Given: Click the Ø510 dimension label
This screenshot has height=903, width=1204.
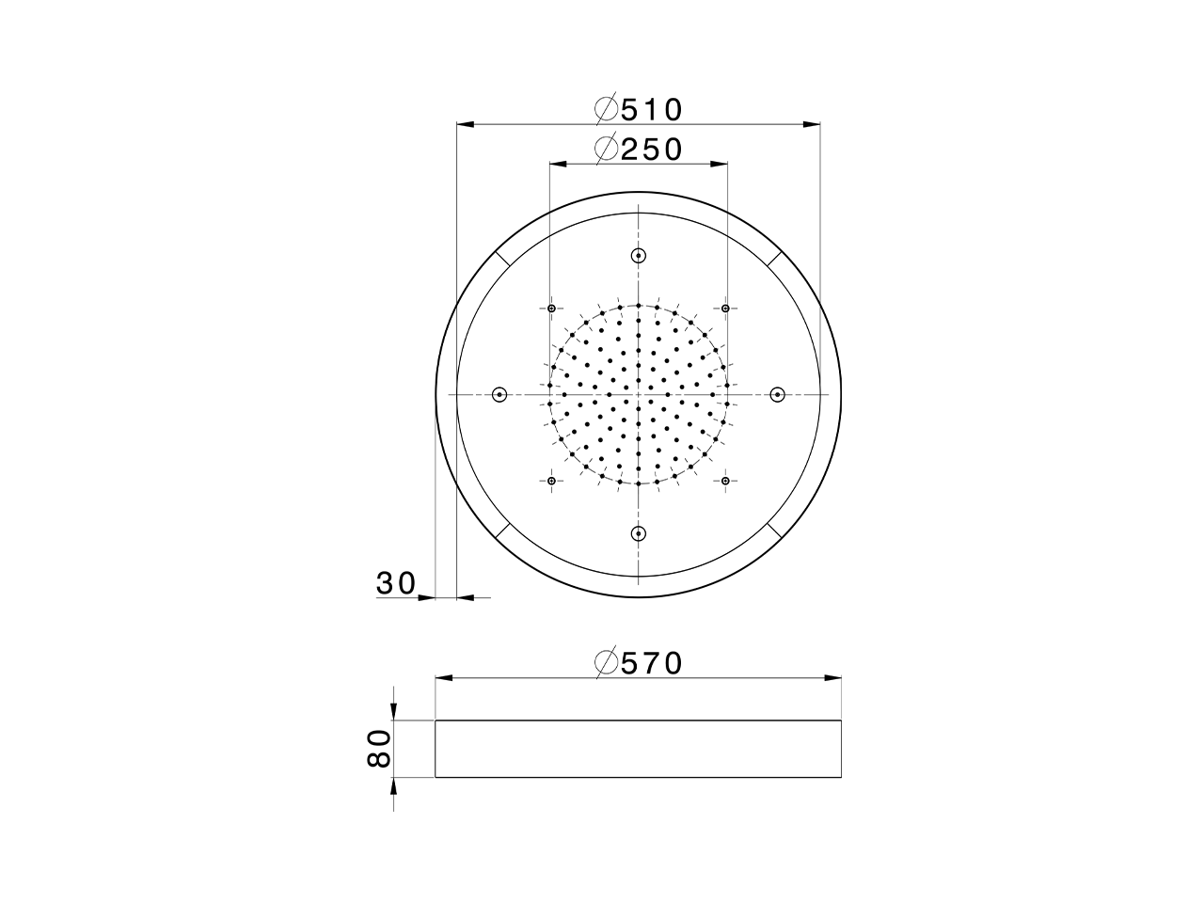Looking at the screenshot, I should point(639,109).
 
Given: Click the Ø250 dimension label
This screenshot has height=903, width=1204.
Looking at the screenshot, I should point(639,150).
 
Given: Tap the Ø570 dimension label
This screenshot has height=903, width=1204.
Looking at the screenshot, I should point(639,663).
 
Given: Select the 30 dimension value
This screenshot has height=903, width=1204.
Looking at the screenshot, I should point(396,583).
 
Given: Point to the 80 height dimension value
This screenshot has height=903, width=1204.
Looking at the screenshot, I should point(378,749).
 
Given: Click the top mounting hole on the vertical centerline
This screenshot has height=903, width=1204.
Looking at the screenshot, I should point(639,255).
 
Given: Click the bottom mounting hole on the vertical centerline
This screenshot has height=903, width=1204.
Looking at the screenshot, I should point(639,533).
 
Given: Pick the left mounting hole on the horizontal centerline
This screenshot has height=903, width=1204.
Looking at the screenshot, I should point(499,394).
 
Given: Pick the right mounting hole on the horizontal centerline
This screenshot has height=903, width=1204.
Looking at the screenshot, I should point(778,394).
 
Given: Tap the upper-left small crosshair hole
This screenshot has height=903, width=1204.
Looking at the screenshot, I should point(551,308).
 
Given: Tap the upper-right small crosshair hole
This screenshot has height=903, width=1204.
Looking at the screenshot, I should point(726,308).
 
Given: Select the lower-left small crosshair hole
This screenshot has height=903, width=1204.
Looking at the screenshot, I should point(551,482).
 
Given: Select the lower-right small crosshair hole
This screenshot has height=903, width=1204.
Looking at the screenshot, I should point(726,482).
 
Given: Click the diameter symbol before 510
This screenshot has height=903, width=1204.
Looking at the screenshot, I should point(607,109).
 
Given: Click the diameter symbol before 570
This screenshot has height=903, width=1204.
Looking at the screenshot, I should point(607,663).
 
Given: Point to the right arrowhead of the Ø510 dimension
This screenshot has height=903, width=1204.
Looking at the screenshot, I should point(812,123).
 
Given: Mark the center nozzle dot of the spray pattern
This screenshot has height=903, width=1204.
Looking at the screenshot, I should point(639,394).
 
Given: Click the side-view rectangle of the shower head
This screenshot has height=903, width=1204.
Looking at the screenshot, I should point(639,749).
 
